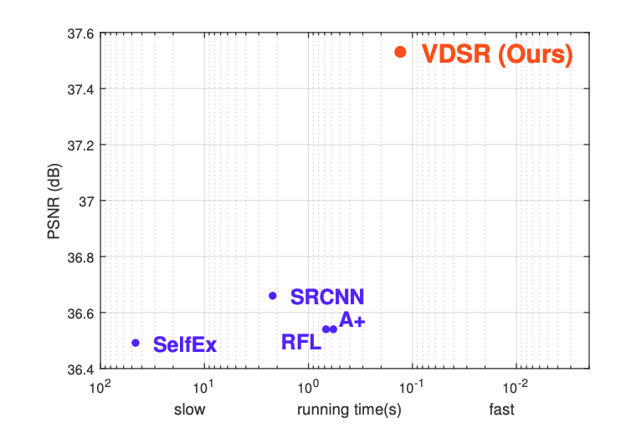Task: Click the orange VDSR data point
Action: [x=400, y=52]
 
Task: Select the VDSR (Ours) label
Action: [x=497, y=54]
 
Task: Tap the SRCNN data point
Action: [x=272, y=296]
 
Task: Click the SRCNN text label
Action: [x=327, y=297]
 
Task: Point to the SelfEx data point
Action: [x=136, y=343]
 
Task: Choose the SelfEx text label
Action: [x=185, y=344]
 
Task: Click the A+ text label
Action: [x=352, y=321]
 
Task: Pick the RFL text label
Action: [x=301, y=342]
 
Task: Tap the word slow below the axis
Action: [x=189, y=410]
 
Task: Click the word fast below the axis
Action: [x=501, y=410]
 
